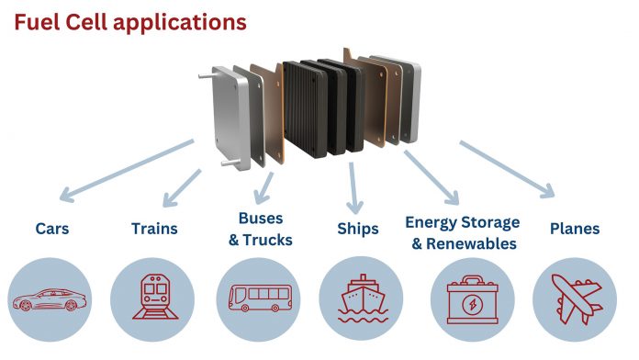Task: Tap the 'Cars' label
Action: click(54, 229)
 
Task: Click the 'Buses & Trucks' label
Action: click(260, 230)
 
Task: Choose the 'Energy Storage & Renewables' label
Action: click(462, 232)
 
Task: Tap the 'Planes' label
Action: click(575, 229)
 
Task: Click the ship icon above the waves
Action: click(361, 299)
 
